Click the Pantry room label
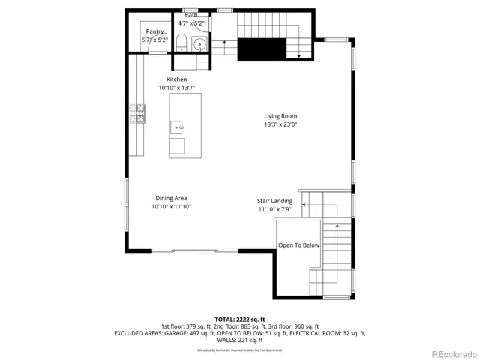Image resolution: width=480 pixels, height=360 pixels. pyautogui.click(x=155, y=31)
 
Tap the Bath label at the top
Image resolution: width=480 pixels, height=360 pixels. pyautogui.click(x=191, y=14)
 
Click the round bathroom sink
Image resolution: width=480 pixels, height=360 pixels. pyautogui.click(x=199, y=44)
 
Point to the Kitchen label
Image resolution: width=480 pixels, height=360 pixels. pyautogui.click(x=177, y=79)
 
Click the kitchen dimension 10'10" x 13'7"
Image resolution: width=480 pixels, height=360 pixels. pyautogui.click(x=177, y=88)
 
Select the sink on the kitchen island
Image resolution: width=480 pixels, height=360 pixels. pyautogui.click(x=178, y=127)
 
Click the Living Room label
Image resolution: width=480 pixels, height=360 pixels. pyautogui.click(x=280, y=116)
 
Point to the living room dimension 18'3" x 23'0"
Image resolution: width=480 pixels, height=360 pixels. pyautogui.click(x=280, y=125)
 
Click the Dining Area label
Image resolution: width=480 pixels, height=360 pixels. pyautogui.click(x=172, y=197)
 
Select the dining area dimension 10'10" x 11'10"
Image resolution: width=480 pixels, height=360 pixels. pyautogui.click(x=172, y=206)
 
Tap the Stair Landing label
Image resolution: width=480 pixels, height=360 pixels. pyautogui.click(x=275, y=201)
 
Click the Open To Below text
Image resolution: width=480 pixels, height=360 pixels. pyautogui.click(x=299, y=245)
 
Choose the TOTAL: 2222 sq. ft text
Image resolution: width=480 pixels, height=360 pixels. pyautogui.click(x=239, y=319)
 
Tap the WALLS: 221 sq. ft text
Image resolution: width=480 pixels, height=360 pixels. pyautogui.click(x=239, y=340)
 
